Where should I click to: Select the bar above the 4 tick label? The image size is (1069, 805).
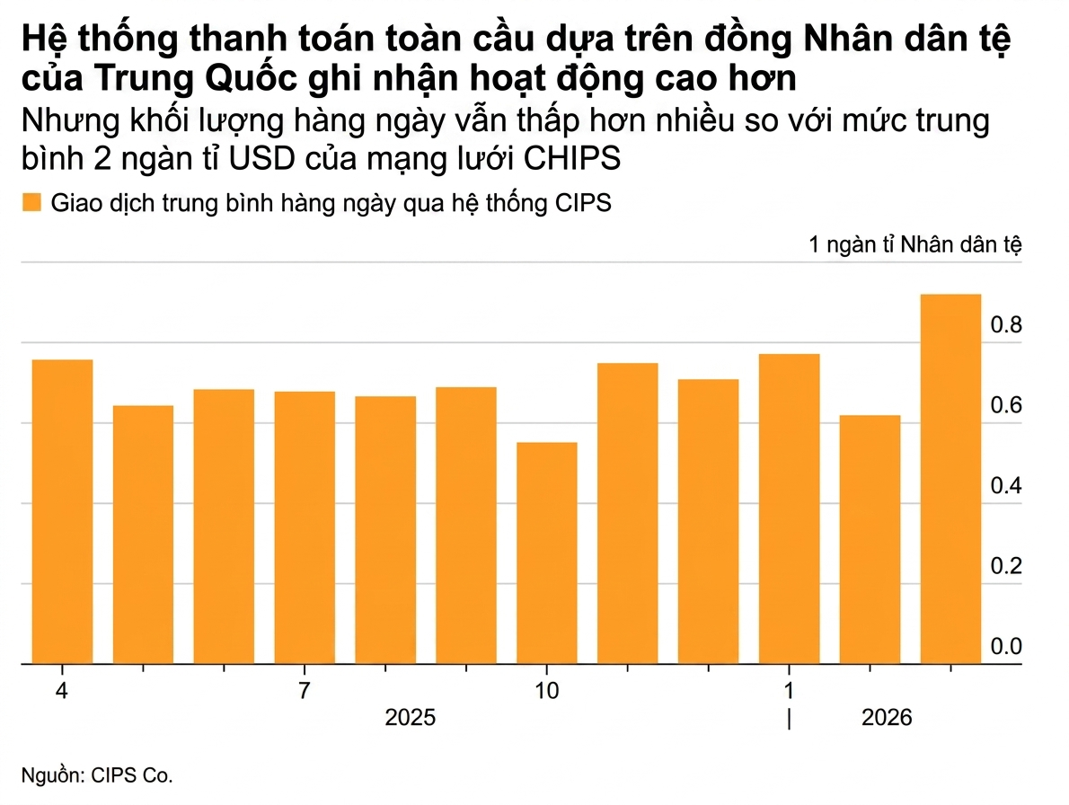pos(62,511)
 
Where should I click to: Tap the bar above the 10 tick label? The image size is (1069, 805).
pos(547,553)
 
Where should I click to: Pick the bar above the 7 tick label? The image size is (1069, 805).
pos(305,527)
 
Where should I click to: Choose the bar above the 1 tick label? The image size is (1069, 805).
pos(789,509)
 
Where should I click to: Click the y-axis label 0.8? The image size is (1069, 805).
pos(1006,324)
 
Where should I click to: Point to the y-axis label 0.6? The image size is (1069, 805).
pos(1006,405)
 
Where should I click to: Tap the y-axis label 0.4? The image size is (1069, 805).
pos(1006,486)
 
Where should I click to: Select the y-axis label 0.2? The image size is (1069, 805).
pos(1006,567)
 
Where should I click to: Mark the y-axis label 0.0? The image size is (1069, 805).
pos(1006,647)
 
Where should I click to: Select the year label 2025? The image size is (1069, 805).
pos(410,719)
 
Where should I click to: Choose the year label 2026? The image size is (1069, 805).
pos(886,719)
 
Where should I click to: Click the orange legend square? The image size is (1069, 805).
pos(31,202)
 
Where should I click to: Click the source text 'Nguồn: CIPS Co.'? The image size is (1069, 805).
pos(96,775)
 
